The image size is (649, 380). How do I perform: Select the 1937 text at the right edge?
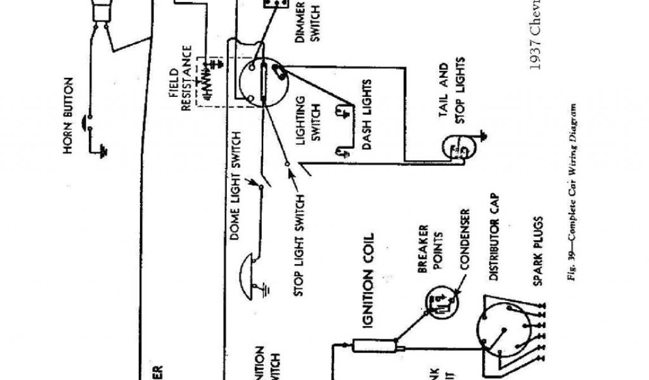pyautogui.click(x=536, y=54)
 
